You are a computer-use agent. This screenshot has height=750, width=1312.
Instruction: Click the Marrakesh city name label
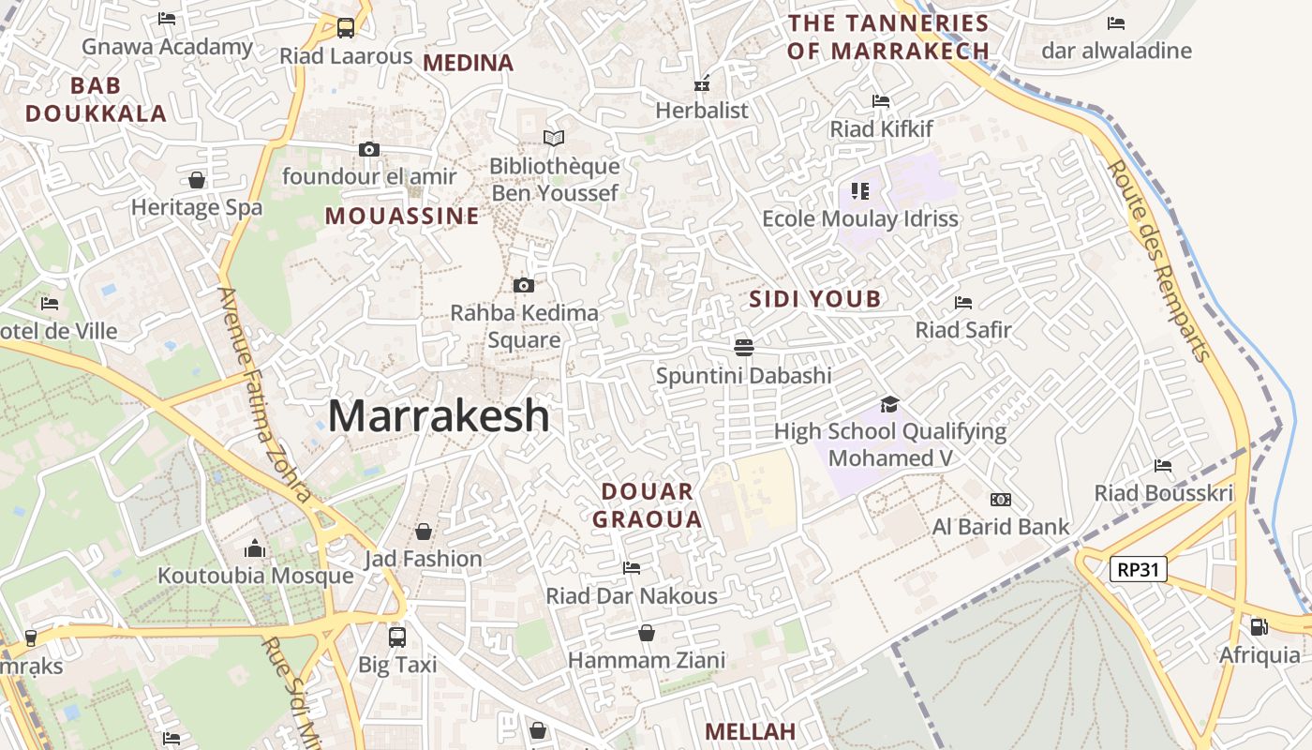(x=439, y=415)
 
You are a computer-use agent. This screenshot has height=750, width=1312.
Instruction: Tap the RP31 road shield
(x=1138, y=569)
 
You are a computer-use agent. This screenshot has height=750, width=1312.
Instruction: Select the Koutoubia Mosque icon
(x=255, y=549)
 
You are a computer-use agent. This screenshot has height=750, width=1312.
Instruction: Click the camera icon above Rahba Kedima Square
(x=524, y=285)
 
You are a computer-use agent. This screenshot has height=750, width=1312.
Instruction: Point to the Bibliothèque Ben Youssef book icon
(x=554, y=139)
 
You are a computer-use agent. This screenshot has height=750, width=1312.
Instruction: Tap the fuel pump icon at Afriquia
(x=1260, y=627)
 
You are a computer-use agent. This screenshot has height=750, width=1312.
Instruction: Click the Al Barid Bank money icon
(x=1001, y=500)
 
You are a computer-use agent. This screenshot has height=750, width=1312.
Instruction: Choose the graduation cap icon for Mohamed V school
(x=889, y=404)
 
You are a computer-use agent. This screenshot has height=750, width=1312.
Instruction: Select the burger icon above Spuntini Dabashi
(x=744, y=348)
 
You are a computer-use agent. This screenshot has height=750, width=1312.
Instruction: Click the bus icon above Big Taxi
(x=397, y=637)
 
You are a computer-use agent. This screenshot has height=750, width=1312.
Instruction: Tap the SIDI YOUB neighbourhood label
(x=815, y=299)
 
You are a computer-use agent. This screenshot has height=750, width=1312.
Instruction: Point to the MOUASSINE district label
(x=402, y=217)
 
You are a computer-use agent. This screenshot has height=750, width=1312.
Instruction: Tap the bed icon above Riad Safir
(x=963, y=303)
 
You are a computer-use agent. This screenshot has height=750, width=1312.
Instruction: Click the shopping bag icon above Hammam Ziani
(x=647, y=633)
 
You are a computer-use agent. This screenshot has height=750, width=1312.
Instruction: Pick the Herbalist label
(x=702, y=111)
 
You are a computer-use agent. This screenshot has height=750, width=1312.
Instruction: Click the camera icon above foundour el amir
(x=369, y=149)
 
